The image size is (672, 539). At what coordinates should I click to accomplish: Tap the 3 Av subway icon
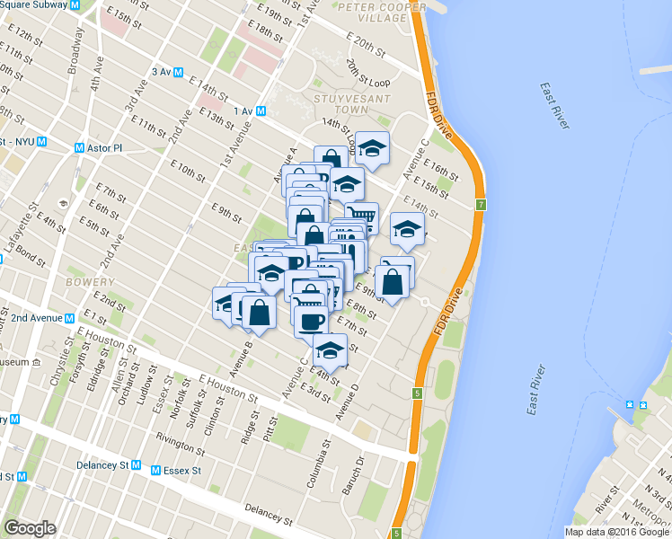180,72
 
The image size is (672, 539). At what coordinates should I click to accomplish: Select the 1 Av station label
243,110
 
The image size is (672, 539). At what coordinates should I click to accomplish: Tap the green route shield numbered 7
481,206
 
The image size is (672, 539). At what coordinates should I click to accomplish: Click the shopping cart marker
361,216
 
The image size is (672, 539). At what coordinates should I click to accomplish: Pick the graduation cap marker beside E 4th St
331,350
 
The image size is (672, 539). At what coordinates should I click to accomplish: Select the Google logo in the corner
30,528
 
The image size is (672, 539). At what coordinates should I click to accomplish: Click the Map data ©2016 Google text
615,532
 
